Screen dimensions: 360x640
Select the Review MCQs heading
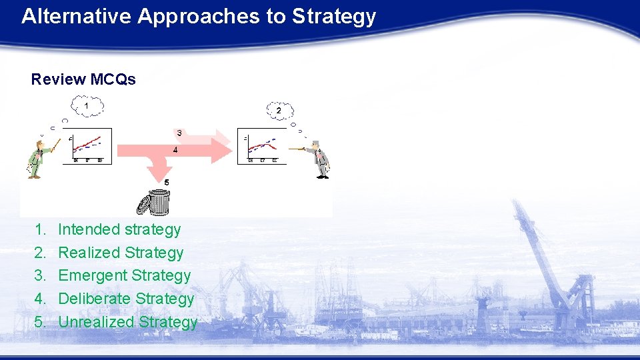[x=83, y=79]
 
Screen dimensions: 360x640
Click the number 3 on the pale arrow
[x=180, y=133]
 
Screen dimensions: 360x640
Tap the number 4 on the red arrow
[x=175, y=150]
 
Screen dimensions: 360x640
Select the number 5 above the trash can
[x=167, y=182]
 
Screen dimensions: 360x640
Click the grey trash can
[x=158, y=203]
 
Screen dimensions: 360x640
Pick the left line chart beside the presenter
[x=89, y=145]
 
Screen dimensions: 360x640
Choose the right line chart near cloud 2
[x=261, y=145]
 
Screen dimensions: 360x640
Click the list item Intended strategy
[x=119, y=229]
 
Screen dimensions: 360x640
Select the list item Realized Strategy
[x=121, y=253]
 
